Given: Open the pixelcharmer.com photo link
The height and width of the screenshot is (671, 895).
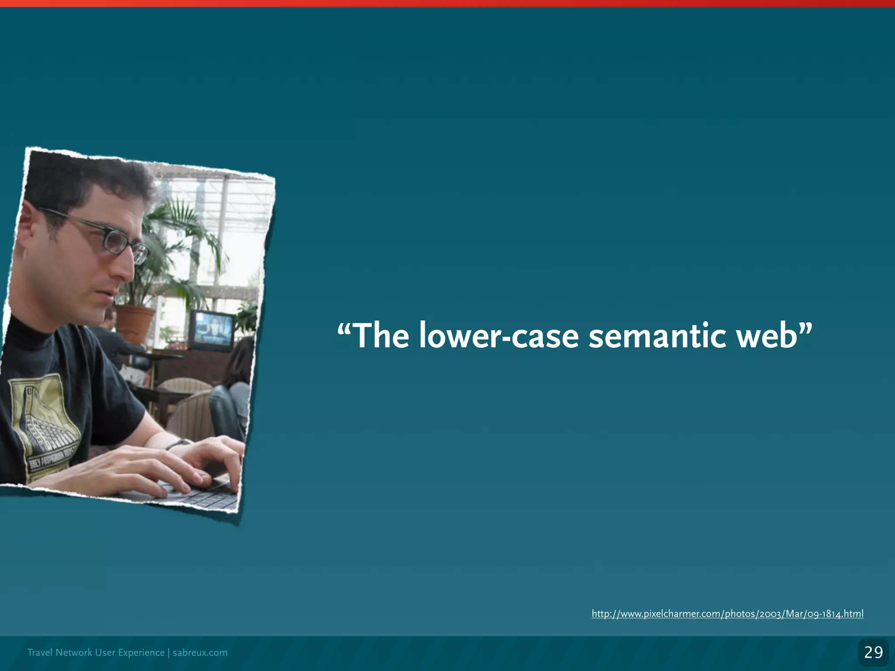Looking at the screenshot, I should click(727, 614).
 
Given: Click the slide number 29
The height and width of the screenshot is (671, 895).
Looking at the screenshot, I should click(873, 653).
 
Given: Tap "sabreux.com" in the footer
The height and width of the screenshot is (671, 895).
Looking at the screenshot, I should click(200, 653).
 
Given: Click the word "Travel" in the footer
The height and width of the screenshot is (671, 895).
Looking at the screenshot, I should click(40, 653).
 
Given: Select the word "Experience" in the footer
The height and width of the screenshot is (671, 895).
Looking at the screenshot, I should click(141, 653).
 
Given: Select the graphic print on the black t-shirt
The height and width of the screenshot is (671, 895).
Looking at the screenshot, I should click(44, 419).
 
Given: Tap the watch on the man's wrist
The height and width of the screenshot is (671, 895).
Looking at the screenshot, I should click(177, 444).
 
